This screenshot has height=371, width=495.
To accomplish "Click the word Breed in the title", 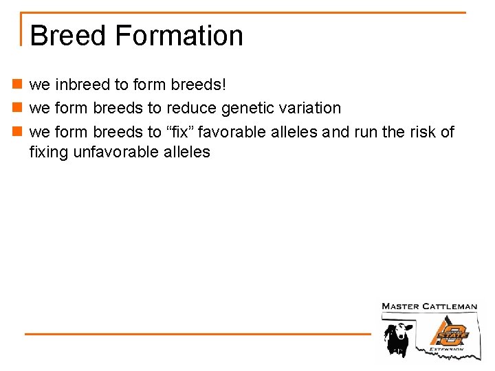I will tap(67, 36).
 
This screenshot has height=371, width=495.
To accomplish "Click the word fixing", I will tap(49, 152).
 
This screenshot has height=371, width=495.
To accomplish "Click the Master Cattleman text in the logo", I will tap(429, 306).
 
